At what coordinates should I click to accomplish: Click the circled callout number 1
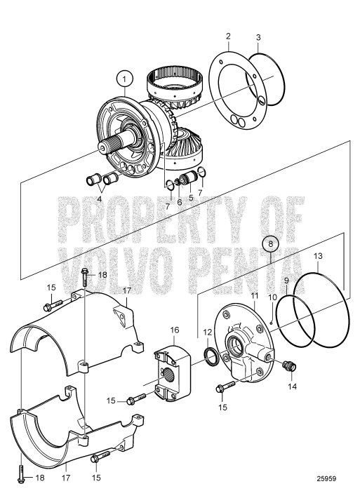[x=124, y=79]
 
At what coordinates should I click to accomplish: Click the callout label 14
[x=292, y=386]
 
